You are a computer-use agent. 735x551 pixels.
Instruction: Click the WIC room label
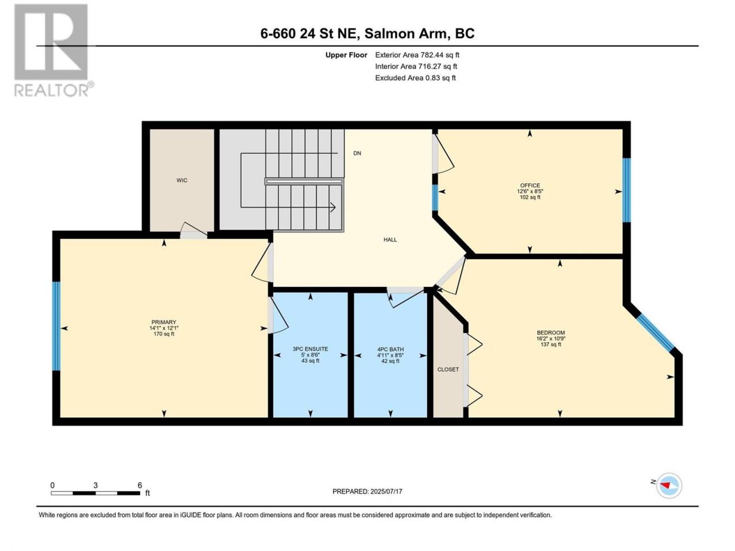182,180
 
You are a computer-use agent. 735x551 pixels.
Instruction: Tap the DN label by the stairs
357,153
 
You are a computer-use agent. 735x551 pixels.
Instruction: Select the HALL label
390,239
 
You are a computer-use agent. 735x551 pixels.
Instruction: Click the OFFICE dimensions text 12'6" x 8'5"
530,191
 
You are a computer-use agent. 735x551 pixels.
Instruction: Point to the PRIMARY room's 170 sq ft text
164,334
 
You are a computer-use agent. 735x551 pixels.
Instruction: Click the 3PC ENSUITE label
311,349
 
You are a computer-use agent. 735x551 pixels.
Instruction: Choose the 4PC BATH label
390,350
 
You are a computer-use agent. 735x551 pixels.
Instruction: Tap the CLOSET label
448,369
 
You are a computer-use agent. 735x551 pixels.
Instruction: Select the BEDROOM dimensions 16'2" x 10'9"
551,338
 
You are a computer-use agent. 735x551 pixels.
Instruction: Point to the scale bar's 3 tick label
95,485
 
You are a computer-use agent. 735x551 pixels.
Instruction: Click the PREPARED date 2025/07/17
386,491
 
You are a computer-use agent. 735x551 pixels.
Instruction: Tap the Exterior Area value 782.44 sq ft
440,55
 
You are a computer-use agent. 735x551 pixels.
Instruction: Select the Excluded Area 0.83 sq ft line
415,78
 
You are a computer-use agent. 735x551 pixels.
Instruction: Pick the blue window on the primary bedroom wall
56,326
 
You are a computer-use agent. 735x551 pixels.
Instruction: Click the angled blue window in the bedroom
655,333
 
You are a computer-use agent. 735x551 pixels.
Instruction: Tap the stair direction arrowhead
333,207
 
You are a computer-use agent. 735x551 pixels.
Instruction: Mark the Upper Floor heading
346,55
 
